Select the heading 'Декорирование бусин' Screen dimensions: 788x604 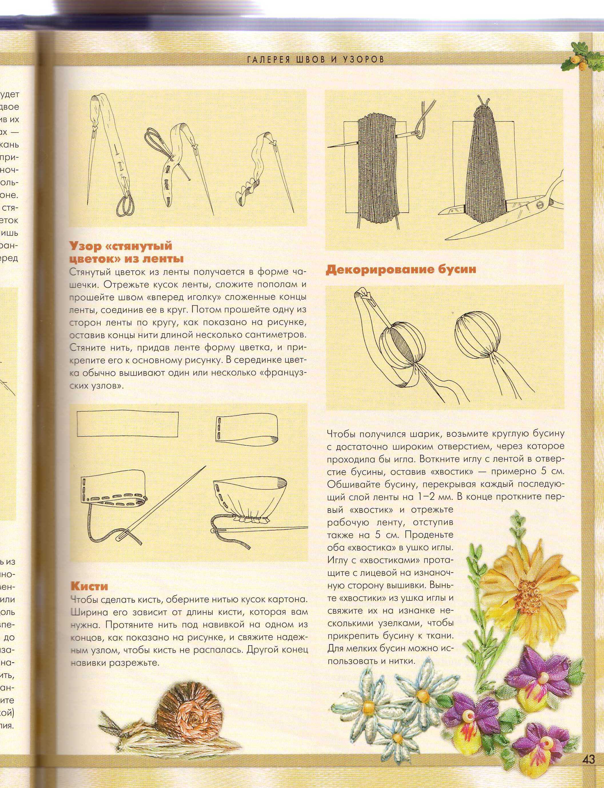click(400, 270)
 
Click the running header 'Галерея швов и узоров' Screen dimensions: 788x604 click(315, 59)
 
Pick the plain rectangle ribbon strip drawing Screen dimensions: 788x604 click(128, 424)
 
